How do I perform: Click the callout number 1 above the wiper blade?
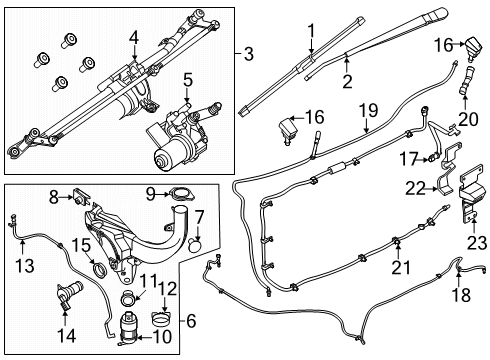(311, 31)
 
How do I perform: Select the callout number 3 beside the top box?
(249, 54)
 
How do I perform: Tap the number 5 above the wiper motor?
(188, 81)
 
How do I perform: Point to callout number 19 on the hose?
(368, 111)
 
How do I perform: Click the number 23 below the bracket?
(477, 243)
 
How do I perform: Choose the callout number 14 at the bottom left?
(67, 335)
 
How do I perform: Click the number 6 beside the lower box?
(191, 321)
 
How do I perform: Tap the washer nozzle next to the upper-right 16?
(473, 48)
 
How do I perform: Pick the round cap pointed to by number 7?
(195, 245)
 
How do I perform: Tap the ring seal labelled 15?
(100, 270)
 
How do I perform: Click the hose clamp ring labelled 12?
(162, 319)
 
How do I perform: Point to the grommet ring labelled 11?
(128, 297)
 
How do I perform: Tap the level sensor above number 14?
(69, 293)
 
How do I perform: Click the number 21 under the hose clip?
(401, 267)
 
